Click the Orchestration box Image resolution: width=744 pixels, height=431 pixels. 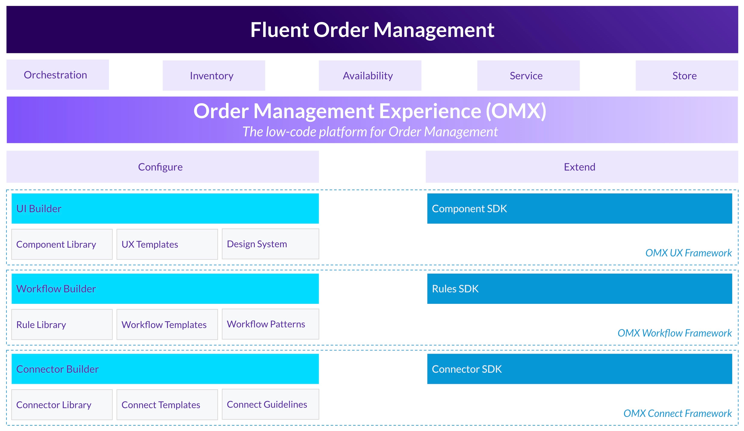point(57,75)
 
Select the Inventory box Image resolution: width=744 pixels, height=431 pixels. point(214,76)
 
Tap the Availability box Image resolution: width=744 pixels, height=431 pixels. point(370,76)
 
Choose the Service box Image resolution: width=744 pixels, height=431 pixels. point(528,76)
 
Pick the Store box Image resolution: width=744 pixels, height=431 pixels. point(687,76)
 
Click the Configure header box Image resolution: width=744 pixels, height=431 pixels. point(162,167)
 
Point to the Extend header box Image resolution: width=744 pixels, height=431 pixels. point(582,167)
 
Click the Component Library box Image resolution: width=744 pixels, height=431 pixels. point(62,244)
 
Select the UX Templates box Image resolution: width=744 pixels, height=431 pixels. point(167,244)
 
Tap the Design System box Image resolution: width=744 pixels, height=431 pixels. point(270,244)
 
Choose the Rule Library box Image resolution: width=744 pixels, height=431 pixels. point(62,324)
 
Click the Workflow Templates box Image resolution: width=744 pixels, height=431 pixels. point(167,324)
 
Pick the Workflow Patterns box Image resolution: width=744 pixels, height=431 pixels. point(270,324)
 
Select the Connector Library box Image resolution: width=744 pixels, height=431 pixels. point(62,405)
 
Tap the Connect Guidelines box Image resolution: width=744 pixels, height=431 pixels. point(270,404)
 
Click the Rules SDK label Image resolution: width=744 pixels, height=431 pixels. point(455,289)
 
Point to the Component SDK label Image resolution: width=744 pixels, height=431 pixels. point(469,208)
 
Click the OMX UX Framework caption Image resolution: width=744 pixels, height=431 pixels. point(688,253)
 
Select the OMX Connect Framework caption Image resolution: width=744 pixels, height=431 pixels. point(677,413)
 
